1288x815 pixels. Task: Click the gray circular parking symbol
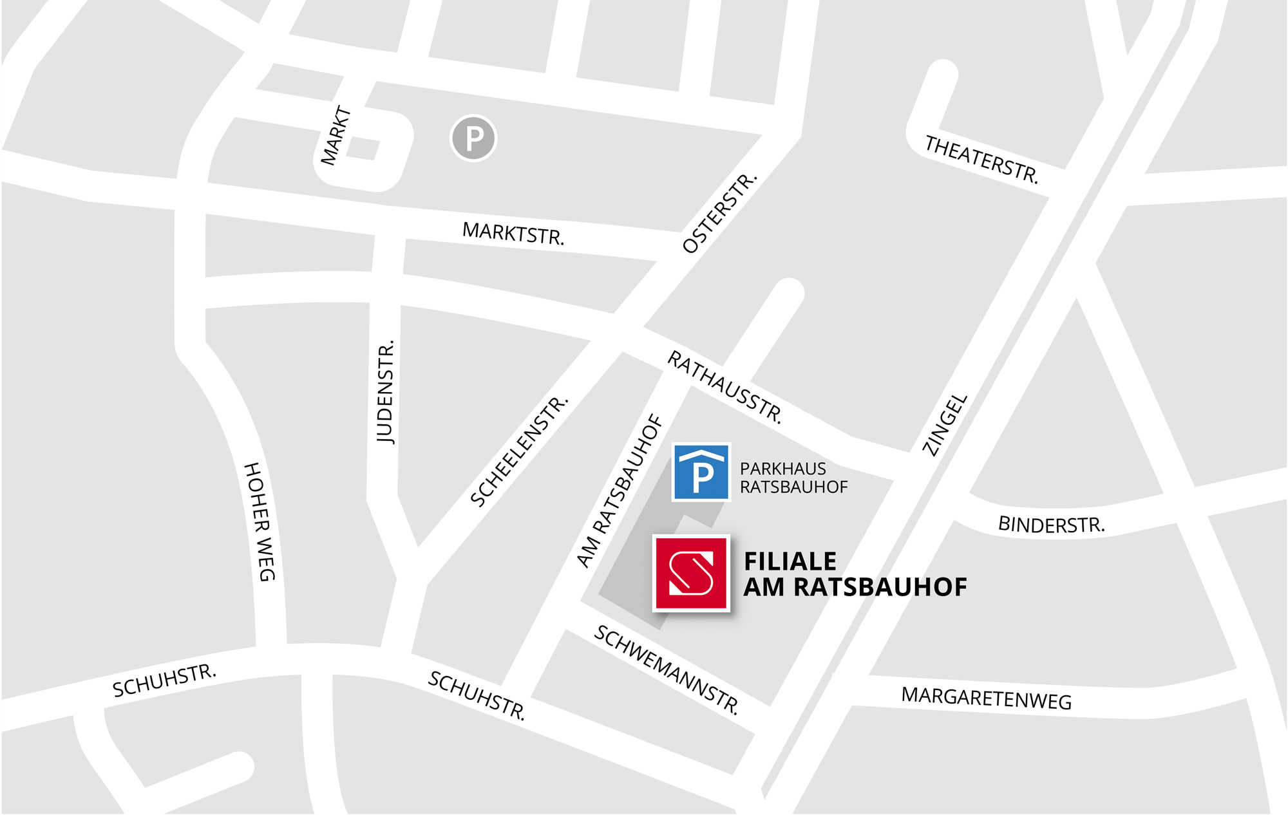point(473,138)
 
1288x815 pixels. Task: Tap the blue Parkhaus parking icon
point(701,472)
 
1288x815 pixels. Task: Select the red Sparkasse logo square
point(691,572)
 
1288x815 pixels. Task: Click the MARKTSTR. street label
point(513,234)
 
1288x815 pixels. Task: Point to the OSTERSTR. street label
point(719,213)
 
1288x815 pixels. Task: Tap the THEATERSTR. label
point(981,160)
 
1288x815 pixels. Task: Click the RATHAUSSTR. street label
point(724,388)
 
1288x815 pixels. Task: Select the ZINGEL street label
point(945,425)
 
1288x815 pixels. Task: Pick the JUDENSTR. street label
point(385,392)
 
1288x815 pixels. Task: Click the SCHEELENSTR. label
point(519,451)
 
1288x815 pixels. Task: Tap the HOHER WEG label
point(260,521)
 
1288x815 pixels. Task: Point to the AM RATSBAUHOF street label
point(620,491)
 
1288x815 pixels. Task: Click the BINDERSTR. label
point(1051,525)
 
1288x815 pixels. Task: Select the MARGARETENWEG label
point(986,698)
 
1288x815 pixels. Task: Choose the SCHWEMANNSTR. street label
point(667,670)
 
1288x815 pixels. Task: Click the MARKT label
point(336,136)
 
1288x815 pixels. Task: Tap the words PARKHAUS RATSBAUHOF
point(793,478)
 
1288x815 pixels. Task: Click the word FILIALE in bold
point(790,561)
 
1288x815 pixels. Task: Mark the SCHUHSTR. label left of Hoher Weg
point(164,680)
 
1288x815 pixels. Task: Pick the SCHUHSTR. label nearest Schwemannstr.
point(477,695)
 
